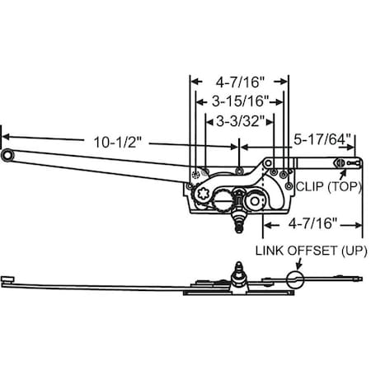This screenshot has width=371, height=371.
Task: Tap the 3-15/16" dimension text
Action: click(240, 102)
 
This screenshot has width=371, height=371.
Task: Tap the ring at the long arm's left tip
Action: click(7, 155)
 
